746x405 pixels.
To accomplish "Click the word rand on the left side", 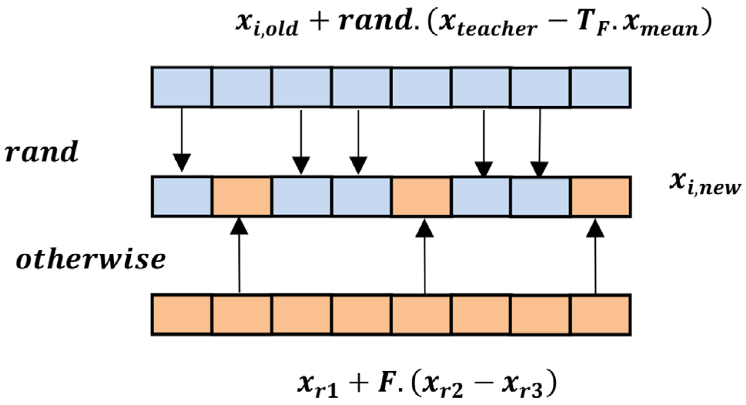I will coord(42,151).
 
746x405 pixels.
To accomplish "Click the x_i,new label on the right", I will coord(704,183).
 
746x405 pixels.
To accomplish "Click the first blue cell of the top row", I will coord(181,87).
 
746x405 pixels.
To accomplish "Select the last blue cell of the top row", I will coord(600,87).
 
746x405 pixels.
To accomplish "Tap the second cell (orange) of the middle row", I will coord(241,197).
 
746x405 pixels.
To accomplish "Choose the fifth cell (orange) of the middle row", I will coord(421,197).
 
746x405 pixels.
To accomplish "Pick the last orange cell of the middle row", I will coord(600,197).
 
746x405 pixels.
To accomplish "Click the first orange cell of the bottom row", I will coord(181,314).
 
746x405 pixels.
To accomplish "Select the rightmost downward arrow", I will coord(540,142).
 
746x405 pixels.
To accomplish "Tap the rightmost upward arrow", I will coord(595,257).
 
